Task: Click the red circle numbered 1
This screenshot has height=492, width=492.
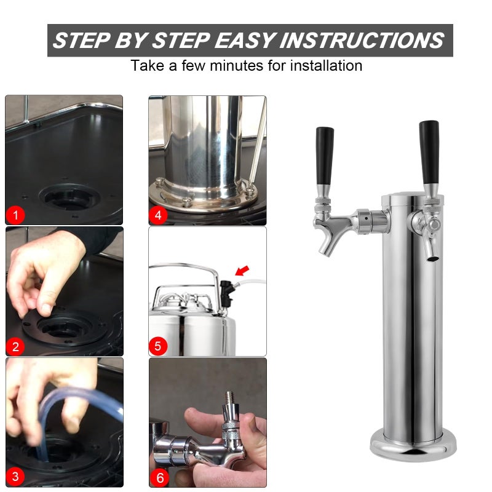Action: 15,215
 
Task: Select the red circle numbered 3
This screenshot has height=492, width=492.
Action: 15,476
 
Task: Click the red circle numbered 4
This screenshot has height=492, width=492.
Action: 158,215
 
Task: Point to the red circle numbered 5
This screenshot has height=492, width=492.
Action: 158,346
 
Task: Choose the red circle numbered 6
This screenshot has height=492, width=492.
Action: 158,476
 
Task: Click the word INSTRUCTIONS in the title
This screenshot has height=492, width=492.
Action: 362,41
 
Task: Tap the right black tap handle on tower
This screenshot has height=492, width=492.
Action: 429,151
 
